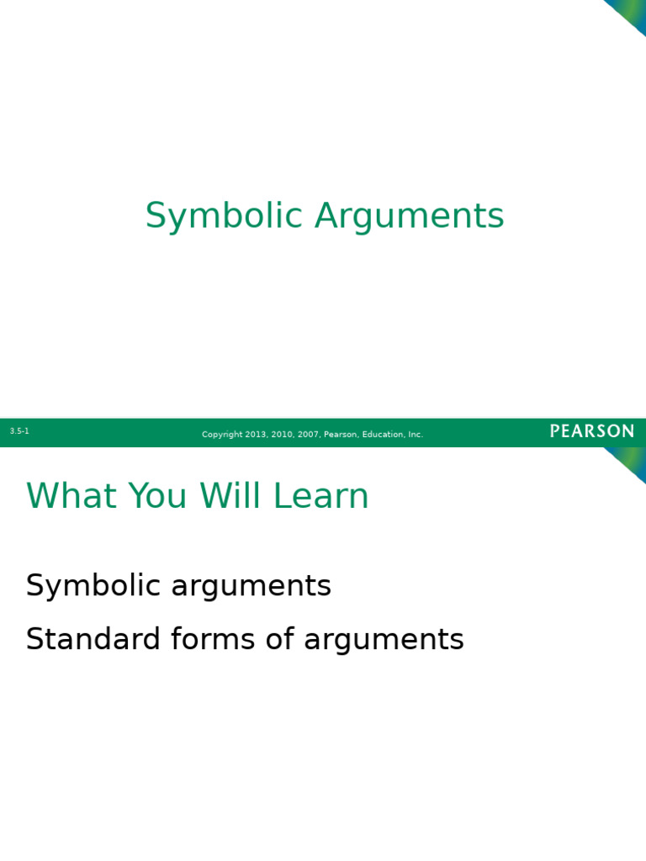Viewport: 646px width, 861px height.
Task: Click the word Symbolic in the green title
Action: pos(225,216)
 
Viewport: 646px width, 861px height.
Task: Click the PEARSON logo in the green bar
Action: pos(592,431)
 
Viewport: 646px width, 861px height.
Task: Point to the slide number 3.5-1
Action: pos(19,431)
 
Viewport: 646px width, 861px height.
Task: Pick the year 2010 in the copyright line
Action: pos(283,435)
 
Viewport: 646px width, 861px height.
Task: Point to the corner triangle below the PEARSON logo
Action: pos(629,461)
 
